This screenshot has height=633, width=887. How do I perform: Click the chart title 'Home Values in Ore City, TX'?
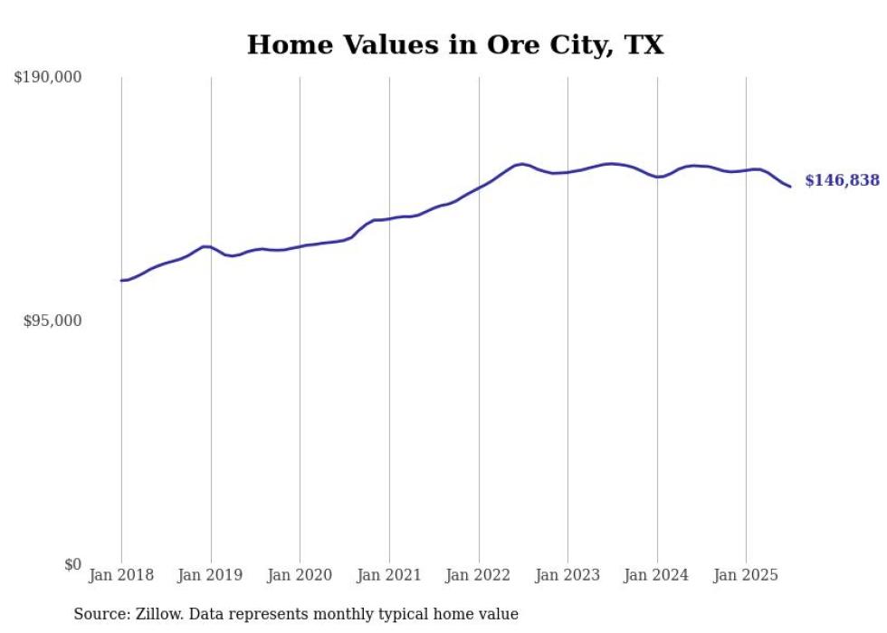(x=455, y=44)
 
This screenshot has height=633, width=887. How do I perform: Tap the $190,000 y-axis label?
(x=47, y=78)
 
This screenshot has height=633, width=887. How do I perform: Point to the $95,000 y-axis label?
(x=52, y=321)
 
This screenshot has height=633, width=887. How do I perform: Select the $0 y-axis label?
(x=72, y=564)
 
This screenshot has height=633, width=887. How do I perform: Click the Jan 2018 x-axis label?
(x=121, y=575)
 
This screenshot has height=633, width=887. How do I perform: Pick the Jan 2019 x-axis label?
(x=211, y=575)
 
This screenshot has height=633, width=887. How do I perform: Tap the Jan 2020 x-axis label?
(x=300, y=575)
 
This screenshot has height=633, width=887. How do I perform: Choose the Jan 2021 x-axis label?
(x=389, y=575)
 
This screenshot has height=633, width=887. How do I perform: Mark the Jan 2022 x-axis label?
(x=479, y=575)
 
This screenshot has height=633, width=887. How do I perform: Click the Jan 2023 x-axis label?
(x=567, y=575)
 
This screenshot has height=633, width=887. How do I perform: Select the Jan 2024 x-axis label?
(x=657, y=575)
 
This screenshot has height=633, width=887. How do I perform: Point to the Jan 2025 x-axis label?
(x=746, y=575)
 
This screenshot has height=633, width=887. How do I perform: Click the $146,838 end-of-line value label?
(x=842, y=180)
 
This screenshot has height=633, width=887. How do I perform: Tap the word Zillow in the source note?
(x=158, y=614)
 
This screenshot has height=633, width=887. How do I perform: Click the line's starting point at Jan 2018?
(x=121, y=281)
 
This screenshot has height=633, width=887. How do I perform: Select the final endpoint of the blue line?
(x=790, y=187)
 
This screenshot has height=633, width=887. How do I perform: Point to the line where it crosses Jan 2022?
(x=479, y=188)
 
